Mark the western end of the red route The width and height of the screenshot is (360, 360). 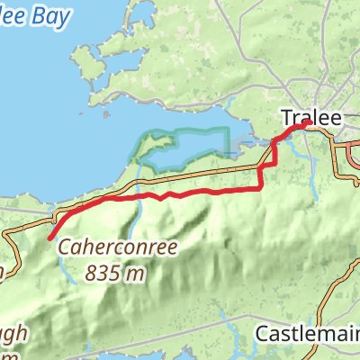(x=47, y=239)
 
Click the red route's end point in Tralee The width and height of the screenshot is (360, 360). (x=309, y=123)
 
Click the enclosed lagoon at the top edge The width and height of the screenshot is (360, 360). (x=144, y=11)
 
